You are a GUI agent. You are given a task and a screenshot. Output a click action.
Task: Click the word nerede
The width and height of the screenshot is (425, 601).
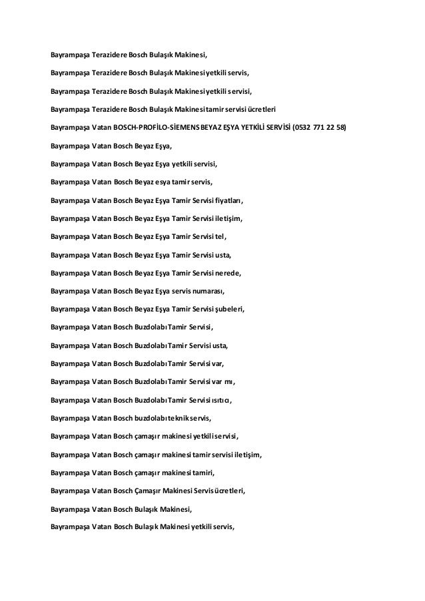click(x=228, y=273)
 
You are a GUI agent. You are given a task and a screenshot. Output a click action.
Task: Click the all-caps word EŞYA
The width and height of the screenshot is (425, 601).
click(x=222, y=127)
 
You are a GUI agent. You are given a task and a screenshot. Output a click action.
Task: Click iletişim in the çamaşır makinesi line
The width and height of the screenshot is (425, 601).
click(x=247, y=455)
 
